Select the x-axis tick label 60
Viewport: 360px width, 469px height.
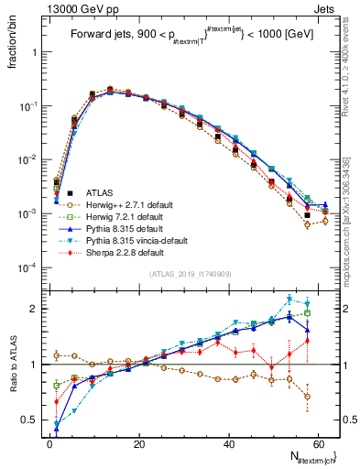(x=323, y=443)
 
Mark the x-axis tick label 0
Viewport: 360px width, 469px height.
(x=49, y=443)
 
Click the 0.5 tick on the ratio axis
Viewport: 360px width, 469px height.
(x=33, y=420)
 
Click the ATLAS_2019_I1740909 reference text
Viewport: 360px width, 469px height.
(x=189, y=274)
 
